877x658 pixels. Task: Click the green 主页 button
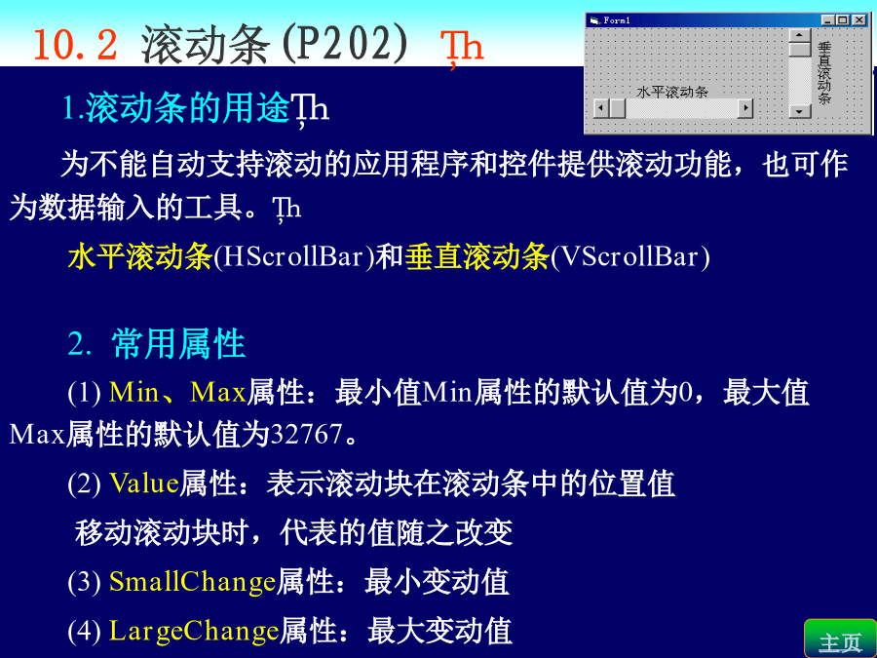pyautogui.click(x=840, y=639)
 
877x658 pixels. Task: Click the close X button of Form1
pyautogui.click(x=859, y=20)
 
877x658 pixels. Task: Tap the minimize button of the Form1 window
pyautogui.click(x=827, y=20)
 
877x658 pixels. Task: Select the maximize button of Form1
pyautogui.click(x=842, y=20)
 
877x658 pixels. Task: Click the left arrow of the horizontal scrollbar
pyautogui.click(x=600, y=108)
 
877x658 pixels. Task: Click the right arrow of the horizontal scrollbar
pyautogui.click(x=745, y=108)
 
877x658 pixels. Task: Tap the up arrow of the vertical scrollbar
pyautogui.click(x=800, y=36)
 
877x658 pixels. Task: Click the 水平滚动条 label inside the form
pyautogui.click(x=672, y=92)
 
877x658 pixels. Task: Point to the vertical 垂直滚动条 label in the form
pyautogui.click(x=824, y=73)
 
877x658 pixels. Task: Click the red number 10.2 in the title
pyautogui.click(x=75, y=45)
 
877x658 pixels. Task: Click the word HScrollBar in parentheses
pyautogui.click(x=294, y=256)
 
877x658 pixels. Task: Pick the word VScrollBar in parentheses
pyautogui.click(x=630, y=256)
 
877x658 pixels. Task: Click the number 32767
pyautogui.click(x=307, y=434)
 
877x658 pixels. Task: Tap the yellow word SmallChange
pyautogui.click(x=192, y=581)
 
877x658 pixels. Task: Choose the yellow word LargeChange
pyautogui.click(x=194, y=631)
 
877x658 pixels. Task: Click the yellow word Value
pyautogui.click(x=144, y=483)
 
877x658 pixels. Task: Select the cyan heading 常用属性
pyautogui.click(x=178, y=343)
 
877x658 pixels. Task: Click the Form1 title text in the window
pyautogui.click(x=617, y=20)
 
